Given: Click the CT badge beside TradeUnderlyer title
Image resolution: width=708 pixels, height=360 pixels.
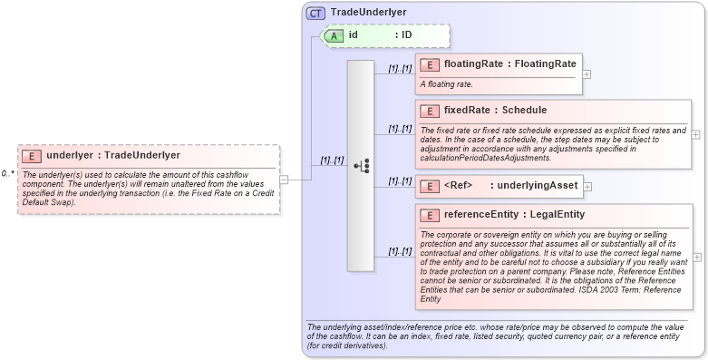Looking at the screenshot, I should (x=315, y=13).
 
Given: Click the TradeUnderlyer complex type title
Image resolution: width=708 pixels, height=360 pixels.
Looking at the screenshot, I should (x=368, y=13).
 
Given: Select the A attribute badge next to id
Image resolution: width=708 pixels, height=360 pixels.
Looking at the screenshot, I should (x=334, y=35).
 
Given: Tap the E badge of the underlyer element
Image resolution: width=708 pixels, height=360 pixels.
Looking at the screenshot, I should (x=32, y=155).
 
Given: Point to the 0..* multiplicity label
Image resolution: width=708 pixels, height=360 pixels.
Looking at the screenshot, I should (x=7, y=172).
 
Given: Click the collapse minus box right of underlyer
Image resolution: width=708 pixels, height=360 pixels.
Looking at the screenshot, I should (x=285, y=179).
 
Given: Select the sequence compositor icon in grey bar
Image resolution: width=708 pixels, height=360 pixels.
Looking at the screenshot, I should (x=362, y=166).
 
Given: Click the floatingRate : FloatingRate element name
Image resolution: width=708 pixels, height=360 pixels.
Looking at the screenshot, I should (x=509, y=63).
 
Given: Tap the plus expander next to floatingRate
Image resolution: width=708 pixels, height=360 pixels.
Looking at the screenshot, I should (x=587, y=73).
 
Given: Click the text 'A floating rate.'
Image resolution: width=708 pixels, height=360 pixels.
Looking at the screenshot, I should (x=446, y=84).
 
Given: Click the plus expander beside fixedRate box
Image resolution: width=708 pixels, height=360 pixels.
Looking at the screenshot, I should (x=695, y=133).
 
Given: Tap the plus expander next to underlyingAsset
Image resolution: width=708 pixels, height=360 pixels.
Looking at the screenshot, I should (x=587, y=186).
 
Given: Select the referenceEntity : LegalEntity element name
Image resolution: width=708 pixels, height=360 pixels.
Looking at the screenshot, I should (x=513, y=215).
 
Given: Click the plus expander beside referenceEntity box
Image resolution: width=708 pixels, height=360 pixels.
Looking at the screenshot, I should (x=695, y=258).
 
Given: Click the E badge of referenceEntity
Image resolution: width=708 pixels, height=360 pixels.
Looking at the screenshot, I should (x=429, y=215).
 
